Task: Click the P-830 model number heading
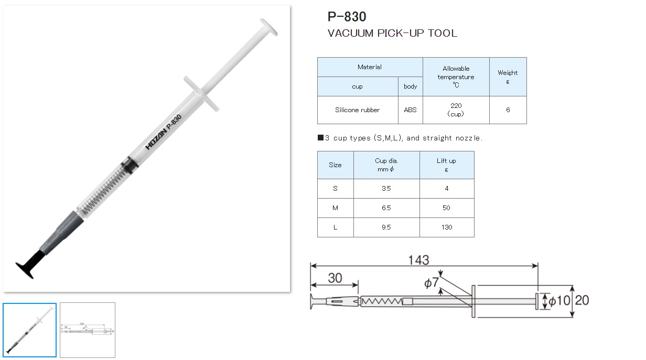[347, 17]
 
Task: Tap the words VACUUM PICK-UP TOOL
[392, 33]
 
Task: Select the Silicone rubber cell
[357, 110]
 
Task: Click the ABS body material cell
[410, 110]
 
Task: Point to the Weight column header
[508, 77]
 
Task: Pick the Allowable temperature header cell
[456, 77]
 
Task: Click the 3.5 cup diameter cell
[386, 189]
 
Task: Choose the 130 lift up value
[447, 227]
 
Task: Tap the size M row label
[335, 208]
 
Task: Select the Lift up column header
[447, 165]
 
